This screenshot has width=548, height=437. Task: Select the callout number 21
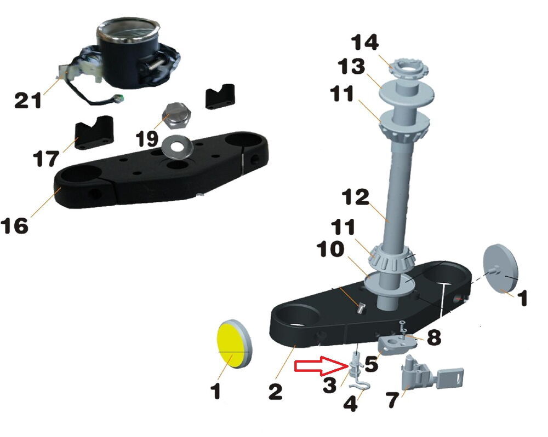point(28,101)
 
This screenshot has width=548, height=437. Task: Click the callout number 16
point(14,226)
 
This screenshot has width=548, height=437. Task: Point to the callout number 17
point(46,159)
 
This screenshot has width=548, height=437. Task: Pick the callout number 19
point(147,139)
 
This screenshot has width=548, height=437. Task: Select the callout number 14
point(364,42)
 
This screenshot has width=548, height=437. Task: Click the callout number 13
point(352,66)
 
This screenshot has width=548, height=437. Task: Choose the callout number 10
point(330,250)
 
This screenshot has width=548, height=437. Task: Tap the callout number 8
point(433,337)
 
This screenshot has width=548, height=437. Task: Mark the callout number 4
point(351,404)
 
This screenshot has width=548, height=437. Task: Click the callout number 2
point(276,391)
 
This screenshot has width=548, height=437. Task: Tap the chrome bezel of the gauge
point(128,31)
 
